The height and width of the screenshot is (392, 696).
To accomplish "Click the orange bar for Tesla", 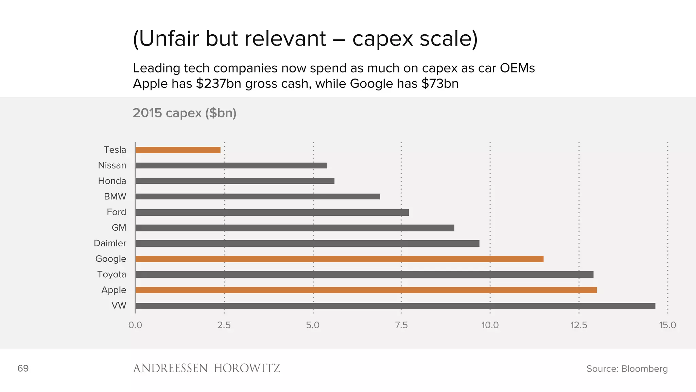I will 178,150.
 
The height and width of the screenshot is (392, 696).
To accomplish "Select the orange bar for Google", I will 339,259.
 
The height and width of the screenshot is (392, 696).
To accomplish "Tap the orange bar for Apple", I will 366,290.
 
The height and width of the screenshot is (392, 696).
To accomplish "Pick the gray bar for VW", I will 395,306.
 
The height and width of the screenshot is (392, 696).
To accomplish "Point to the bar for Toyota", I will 364,275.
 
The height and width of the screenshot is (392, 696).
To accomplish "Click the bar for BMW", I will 257,197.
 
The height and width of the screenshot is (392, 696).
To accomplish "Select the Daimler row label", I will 110,243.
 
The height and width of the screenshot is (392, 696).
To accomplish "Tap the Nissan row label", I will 112,165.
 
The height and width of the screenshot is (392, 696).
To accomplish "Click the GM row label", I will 119,228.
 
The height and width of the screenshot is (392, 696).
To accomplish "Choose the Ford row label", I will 116,212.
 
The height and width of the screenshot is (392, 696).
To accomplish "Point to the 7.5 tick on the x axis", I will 401,325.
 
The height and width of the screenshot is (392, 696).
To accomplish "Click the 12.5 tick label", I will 579,325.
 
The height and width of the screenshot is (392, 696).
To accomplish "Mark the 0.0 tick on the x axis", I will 135,325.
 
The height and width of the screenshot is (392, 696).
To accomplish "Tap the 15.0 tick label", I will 667,325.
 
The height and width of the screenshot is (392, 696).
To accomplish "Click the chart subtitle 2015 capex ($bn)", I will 185,113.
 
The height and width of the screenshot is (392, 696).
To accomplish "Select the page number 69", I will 23,368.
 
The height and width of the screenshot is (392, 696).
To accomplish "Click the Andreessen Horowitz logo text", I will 207,368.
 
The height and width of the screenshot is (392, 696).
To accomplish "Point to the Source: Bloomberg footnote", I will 627,369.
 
